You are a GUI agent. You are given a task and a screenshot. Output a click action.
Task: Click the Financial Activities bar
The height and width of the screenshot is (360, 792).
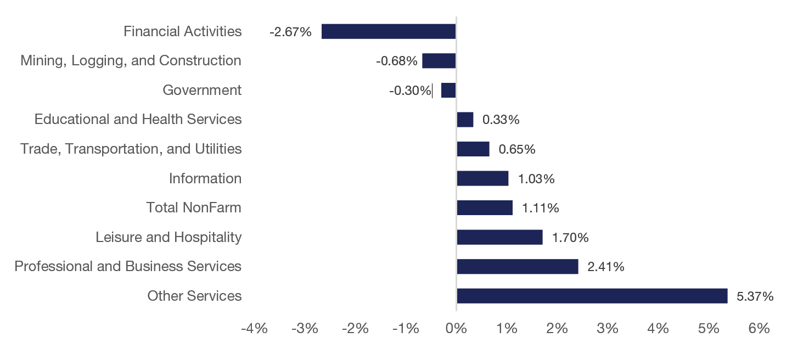tap(389, 31)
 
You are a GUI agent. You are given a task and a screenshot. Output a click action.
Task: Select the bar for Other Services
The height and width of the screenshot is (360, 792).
tap(592, 296)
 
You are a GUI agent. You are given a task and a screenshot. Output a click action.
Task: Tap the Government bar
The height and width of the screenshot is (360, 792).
tap(448, 90)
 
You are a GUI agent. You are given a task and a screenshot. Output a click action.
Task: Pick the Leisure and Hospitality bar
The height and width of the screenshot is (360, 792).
tap(499, 237)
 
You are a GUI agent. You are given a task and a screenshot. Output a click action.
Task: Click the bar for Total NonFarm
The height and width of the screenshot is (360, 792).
tap(485, 207)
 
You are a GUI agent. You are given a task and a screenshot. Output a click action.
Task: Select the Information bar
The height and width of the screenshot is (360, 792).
tap(482, 178)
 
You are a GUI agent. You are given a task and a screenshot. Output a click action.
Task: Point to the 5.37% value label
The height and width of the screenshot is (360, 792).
tap(755, 296)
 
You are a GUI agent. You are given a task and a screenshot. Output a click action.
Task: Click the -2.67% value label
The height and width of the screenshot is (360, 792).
tap(290, 32)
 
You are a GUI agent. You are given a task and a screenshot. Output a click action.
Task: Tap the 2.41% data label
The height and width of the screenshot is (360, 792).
tap(605, 267)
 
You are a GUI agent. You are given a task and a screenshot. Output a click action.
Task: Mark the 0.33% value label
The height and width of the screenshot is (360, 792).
tap(501, 120)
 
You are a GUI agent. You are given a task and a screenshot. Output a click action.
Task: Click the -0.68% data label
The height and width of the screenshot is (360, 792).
tap(396, 61)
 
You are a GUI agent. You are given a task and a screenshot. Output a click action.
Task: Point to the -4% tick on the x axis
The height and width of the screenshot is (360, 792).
tap(255, 329)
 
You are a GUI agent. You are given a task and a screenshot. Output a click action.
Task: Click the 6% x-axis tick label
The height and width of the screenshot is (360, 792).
tap(759, 329)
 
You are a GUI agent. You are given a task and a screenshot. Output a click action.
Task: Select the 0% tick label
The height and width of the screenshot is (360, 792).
tap(456, 329)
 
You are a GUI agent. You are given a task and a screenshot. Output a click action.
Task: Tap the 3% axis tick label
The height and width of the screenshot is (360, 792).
tap(608, 329)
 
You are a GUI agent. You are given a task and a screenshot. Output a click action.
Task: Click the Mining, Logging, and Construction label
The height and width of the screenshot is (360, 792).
tap(131, 60)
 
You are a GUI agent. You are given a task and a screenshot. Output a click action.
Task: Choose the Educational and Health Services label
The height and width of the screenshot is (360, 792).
tap(138, 119)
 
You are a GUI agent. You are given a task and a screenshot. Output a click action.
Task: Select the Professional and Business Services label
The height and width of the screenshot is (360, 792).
tap(128, 266)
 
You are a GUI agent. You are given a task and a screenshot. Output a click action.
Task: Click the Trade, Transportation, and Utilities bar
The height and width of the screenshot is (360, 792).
tap(473, 149)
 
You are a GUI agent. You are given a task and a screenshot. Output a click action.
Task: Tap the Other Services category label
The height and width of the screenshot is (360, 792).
tap(194, 296)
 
